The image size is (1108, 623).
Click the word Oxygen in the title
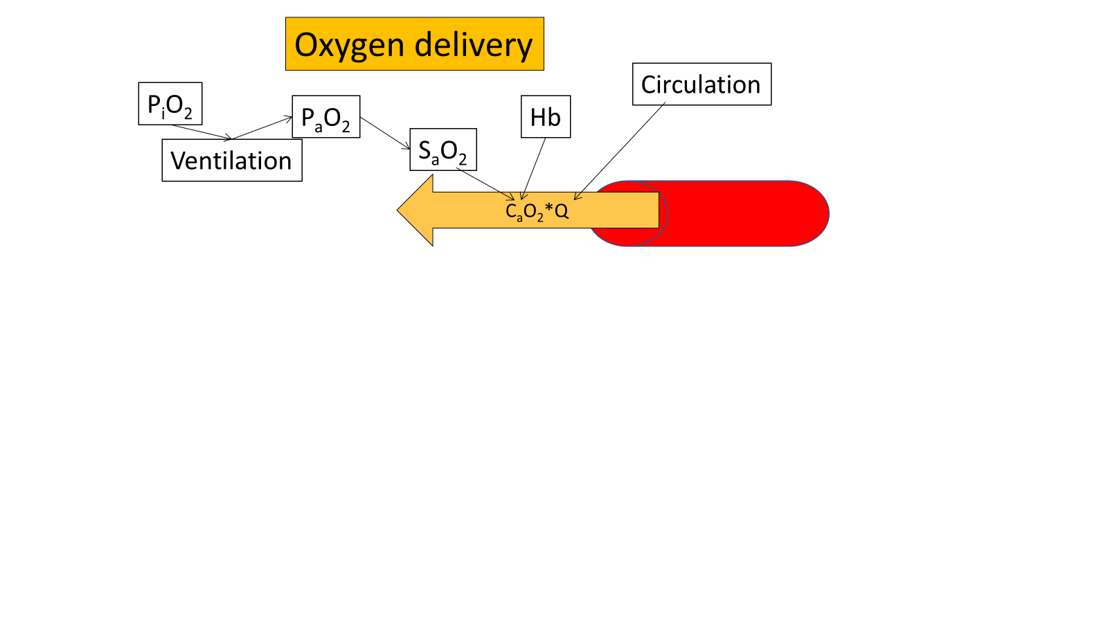pyautogui.click(x=350, y=46)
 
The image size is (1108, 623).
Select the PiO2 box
pyautogui.click(x=170, y=105)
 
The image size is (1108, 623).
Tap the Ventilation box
pyautogui.click(x=232, y=161)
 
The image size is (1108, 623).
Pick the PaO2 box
pyautogui.click(x=326, y=117)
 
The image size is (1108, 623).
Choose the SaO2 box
pyautogui.click(x=443, y=150)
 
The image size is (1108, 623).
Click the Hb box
pyautogui.click(x=546, y=117)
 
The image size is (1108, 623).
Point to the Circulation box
pyautogui.click(x=702, y=84)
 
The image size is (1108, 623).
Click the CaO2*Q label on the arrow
pyautogui.click(x=537, y=210)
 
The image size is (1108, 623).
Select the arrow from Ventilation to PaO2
pyautogui.click(x=262, y=128)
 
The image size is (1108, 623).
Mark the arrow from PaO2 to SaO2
pyautogui.click(x=385, y=133)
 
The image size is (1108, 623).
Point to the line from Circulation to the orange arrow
pyautogui.click(x=620, y=152)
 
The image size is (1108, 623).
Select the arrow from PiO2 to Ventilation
pyautogui.click(x=202, y=132)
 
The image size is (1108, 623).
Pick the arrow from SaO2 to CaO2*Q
pyautogui.click(x=485, y=184)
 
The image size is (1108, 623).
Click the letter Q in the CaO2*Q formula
pyautogui.click(x=561, y=210)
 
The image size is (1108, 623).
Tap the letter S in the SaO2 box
pyautogui.click(x=425, y=150)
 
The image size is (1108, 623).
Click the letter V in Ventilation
pyautogui.click(x=178, y=161)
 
